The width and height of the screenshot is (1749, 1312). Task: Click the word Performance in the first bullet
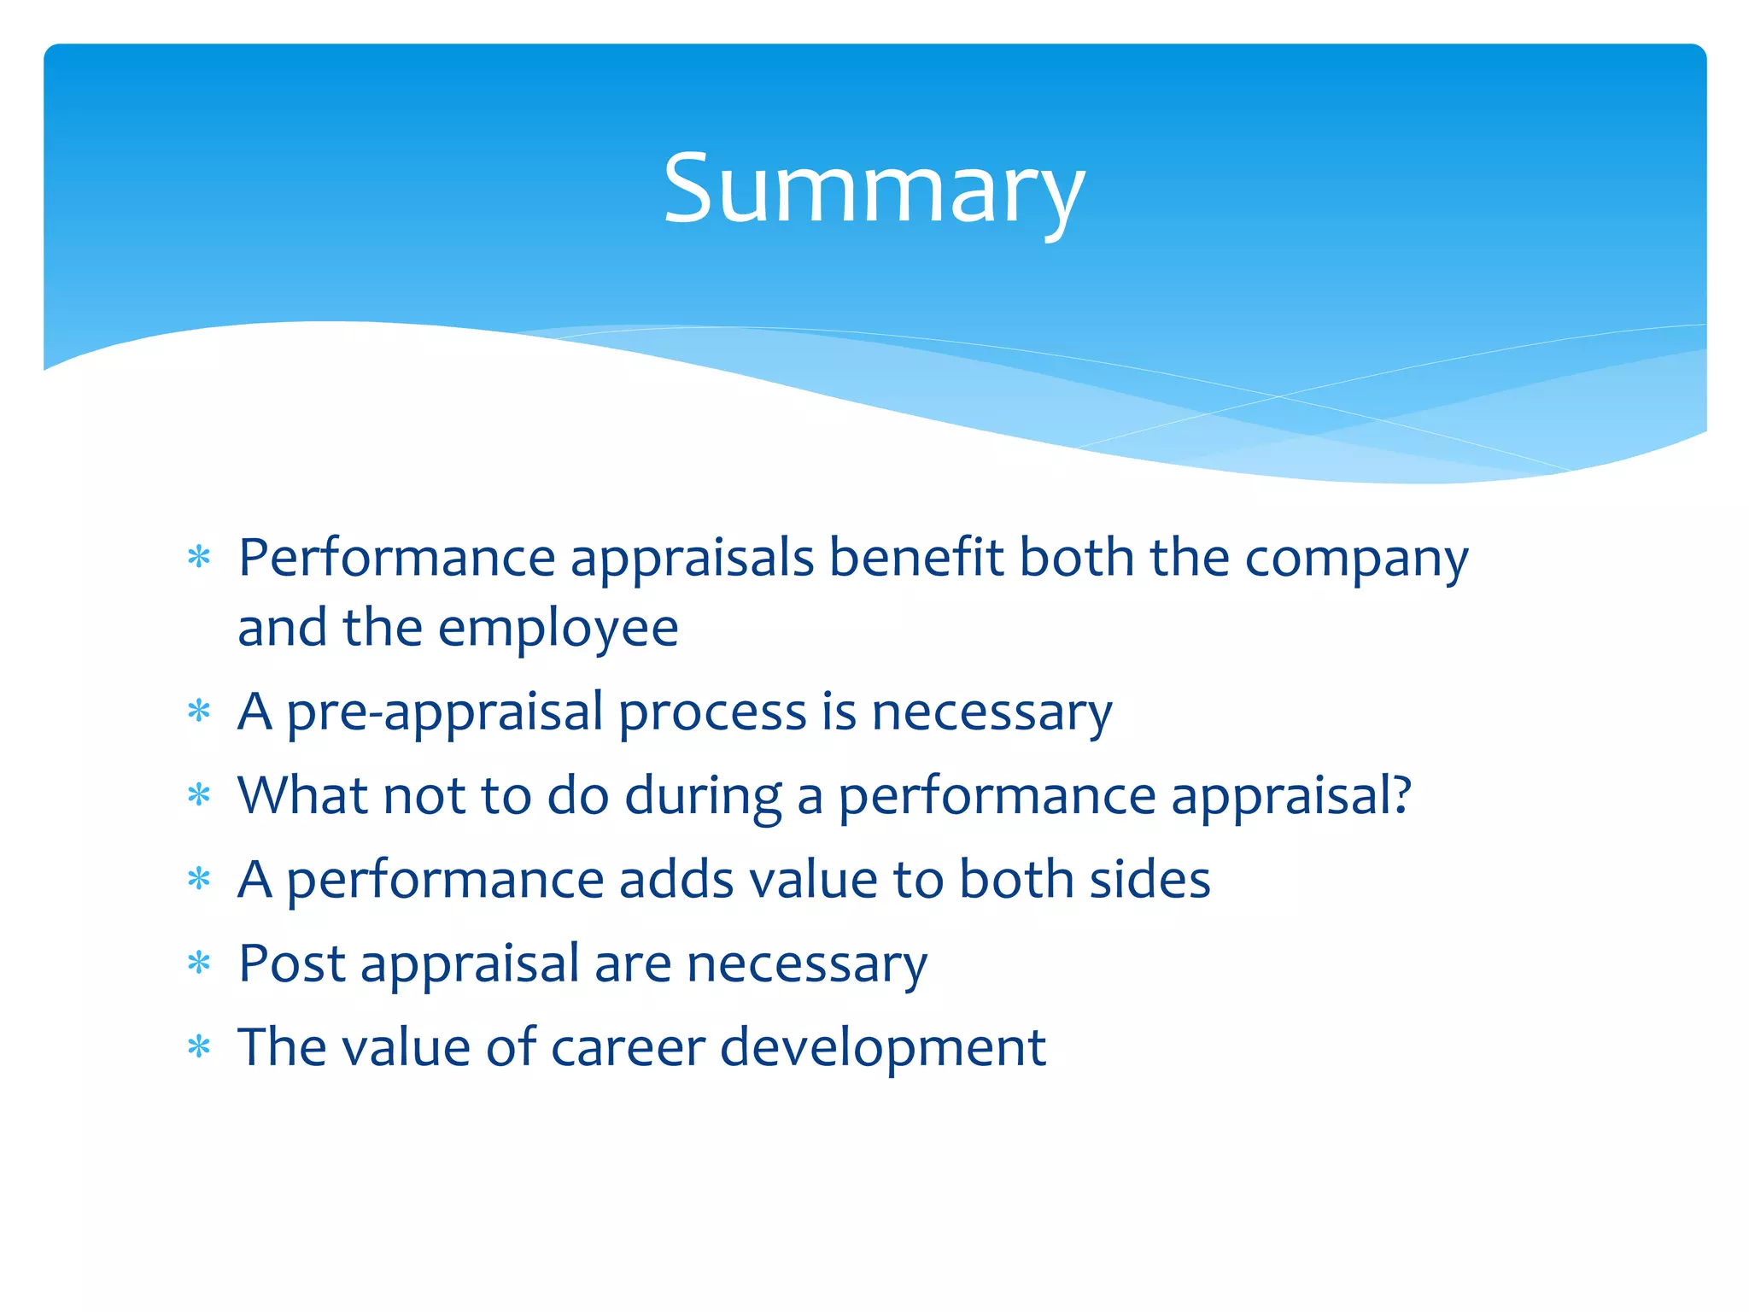coord(396,559)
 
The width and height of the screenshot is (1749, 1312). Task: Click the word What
coord(302,796)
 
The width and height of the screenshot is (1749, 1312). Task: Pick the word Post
coord(291,963)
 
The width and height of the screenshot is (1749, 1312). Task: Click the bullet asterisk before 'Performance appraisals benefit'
coord(199,559)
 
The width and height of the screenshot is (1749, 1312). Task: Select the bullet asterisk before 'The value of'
coord(199,1047)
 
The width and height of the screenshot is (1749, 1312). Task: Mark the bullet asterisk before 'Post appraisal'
coord(199,963)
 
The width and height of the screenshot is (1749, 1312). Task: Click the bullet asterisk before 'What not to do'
coord(199,796)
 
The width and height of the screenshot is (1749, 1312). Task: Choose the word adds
coord(676,880)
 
